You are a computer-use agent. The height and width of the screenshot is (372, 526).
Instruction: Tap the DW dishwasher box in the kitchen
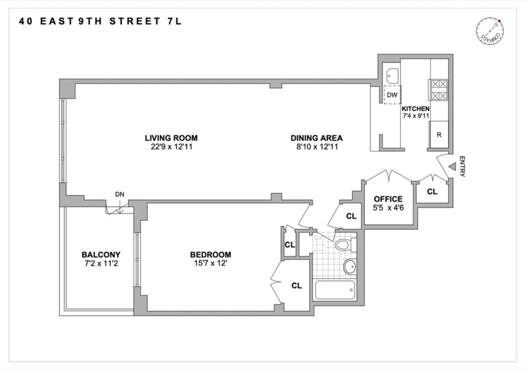393,95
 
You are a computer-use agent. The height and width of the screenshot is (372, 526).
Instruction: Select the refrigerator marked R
439,135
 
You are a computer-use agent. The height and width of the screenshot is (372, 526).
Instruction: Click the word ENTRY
462,167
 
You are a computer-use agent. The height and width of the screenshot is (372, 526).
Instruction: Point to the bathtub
335,290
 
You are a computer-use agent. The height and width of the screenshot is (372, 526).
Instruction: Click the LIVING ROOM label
168,138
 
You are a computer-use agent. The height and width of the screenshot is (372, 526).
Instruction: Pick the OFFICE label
388,199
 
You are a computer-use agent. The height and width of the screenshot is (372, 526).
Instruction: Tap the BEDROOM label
210,255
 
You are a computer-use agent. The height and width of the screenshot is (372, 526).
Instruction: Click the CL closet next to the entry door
432,191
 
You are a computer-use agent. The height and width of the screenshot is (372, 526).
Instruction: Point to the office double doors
390,176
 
